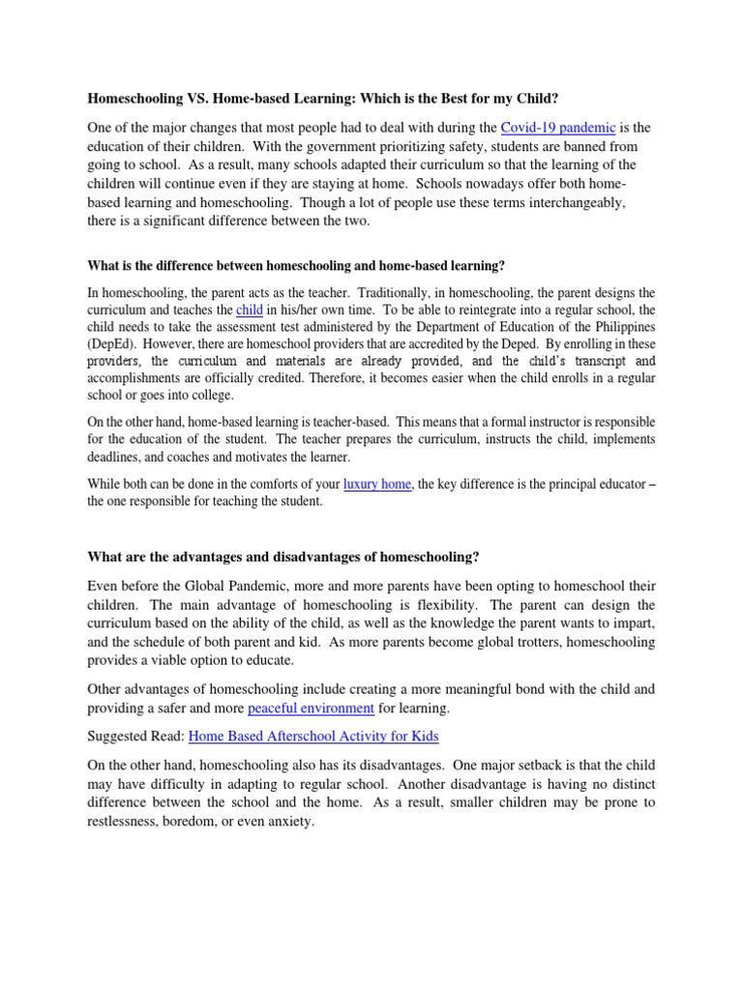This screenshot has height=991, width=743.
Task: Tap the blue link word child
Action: click(x=249, y=310)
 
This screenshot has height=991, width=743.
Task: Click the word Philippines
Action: click(x=623, y=327)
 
